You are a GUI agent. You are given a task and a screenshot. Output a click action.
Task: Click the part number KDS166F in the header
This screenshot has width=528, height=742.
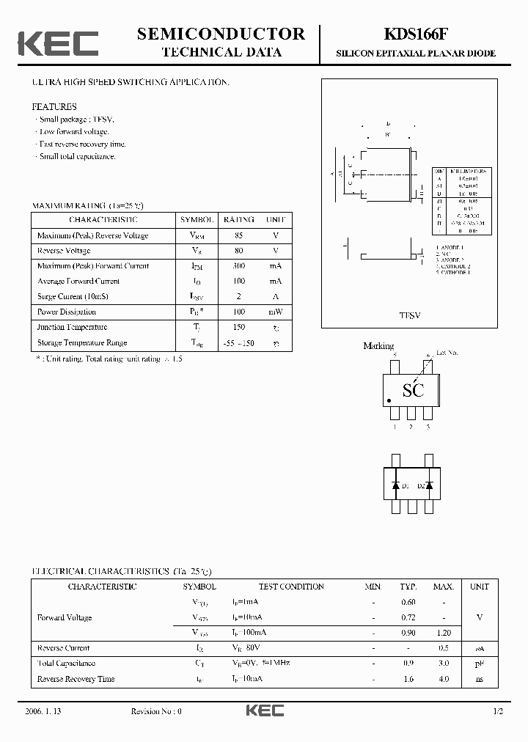[x=415, y=34]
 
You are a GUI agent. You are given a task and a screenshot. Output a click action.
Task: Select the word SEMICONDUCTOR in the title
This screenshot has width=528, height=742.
[x=221, y=34]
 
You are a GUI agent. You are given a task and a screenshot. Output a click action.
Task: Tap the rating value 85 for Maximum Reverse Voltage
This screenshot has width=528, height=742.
[x=239, y=235]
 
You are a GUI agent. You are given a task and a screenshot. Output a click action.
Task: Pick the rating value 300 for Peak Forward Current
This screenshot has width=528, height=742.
[x=239, y=266]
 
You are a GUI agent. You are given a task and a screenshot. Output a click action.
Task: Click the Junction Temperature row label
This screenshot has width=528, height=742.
[x=72, y=327]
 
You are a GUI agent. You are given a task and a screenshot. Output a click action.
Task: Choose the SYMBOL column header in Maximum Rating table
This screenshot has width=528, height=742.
[x=197, y=220]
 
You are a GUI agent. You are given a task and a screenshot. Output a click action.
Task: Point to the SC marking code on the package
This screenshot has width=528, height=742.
[x=413, y=390]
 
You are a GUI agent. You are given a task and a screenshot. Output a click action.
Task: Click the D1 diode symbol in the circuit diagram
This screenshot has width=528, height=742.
[x=395, y=485]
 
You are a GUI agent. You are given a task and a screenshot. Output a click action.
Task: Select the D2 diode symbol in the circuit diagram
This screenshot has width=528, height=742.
[x=429, y=485]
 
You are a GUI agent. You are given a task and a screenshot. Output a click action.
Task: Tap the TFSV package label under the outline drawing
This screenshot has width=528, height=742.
[x=409, y=315]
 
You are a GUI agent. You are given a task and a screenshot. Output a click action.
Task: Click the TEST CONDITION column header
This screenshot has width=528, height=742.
[x=291, y=587]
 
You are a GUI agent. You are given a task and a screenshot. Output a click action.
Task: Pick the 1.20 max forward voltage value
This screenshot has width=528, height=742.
[x=443, y=632]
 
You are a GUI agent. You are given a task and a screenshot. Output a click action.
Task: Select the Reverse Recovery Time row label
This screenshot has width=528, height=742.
[x=76, y=679]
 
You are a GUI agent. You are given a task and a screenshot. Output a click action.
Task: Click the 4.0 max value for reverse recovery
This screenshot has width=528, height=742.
[x=443, y=679]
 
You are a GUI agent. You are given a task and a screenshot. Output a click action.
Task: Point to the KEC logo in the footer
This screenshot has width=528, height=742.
[x=264, y=710]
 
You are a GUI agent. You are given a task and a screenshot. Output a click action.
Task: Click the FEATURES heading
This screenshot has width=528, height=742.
[x=54, y=107]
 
